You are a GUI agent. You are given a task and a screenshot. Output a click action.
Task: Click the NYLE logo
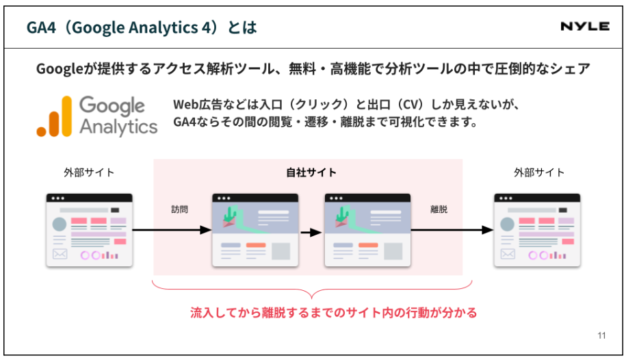pyautogui.click(x=585, y=27)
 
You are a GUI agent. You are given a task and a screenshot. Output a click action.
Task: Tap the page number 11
pyautogui.click(x=601, y=335)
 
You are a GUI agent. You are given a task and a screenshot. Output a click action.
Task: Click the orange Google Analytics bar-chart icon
pyautogui.click(x=54, y=116)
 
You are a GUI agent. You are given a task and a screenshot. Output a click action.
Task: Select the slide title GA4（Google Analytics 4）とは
pyautogui.click(x=142, y=27)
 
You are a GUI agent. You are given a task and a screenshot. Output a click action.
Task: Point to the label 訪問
pyautogui.click(x=180, y=209)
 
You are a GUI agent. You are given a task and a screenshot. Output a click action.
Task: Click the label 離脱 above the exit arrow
pyautogui.click(x=439, y=209)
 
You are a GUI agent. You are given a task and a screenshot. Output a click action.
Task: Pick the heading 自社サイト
pyautogui.click(x=311, y=172)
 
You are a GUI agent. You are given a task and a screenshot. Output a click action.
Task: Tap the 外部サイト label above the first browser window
pyautogui.click(x=89, y=172)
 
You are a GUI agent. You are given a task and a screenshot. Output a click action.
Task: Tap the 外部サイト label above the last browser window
pyautogui.click(x=539, y=172)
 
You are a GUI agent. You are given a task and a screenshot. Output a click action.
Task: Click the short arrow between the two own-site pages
pyautogui.click(x=311, y=232)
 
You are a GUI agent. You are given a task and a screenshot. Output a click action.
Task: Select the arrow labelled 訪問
pyautogui.click(x=172, y=230)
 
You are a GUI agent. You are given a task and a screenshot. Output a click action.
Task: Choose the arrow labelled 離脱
pyautogui.click(x=452, y=230)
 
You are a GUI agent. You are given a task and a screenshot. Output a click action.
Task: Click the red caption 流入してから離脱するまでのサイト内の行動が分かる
pyautogui.click(x=333, y=313)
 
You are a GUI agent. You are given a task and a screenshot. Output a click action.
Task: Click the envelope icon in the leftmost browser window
pyautogui.click(x=60, y=254)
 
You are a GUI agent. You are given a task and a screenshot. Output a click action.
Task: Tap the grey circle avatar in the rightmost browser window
pyautogui.click(x=508, y=224)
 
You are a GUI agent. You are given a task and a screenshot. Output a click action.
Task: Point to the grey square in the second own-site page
pyautogui.click(x=393, y=251)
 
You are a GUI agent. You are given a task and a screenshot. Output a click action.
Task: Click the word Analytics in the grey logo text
pyautogui.click(x=118, y=127)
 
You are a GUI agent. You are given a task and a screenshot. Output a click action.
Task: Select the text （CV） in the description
pyautogui.click(x=411, y=105)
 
